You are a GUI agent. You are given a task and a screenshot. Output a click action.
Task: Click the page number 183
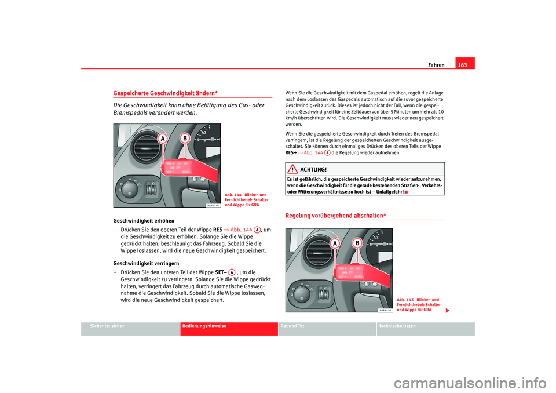[464, 64]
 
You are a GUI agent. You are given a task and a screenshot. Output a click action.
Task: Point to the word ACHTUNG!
[313, 169]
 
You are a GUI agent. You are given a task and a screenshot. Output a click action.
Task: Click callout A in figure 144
[164, 139]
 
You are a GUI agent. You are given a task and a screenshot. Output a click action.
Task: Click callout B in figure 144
[185, 139]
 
